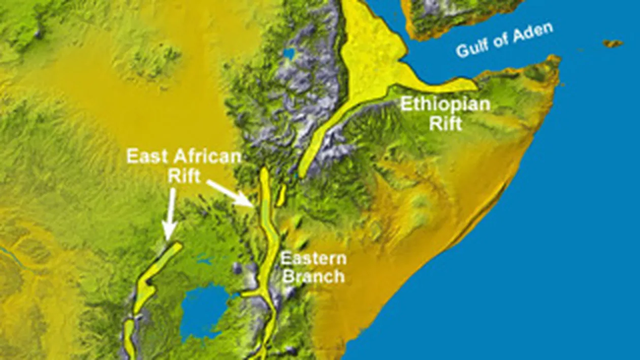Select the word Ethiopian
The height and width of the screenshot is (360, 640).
coord(445,105)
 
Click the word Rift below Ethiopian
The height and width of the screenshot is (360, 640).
coord(445,123)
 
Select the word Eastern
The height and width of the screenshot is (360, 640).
coord(314,259)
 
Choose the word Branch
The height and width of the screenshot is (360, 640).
coord(313,277)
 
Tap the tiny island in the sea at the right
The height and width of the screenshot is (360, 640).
coord(613,44)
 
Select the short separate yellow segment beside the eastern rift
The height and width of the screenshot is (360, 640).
coord(281,195)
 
